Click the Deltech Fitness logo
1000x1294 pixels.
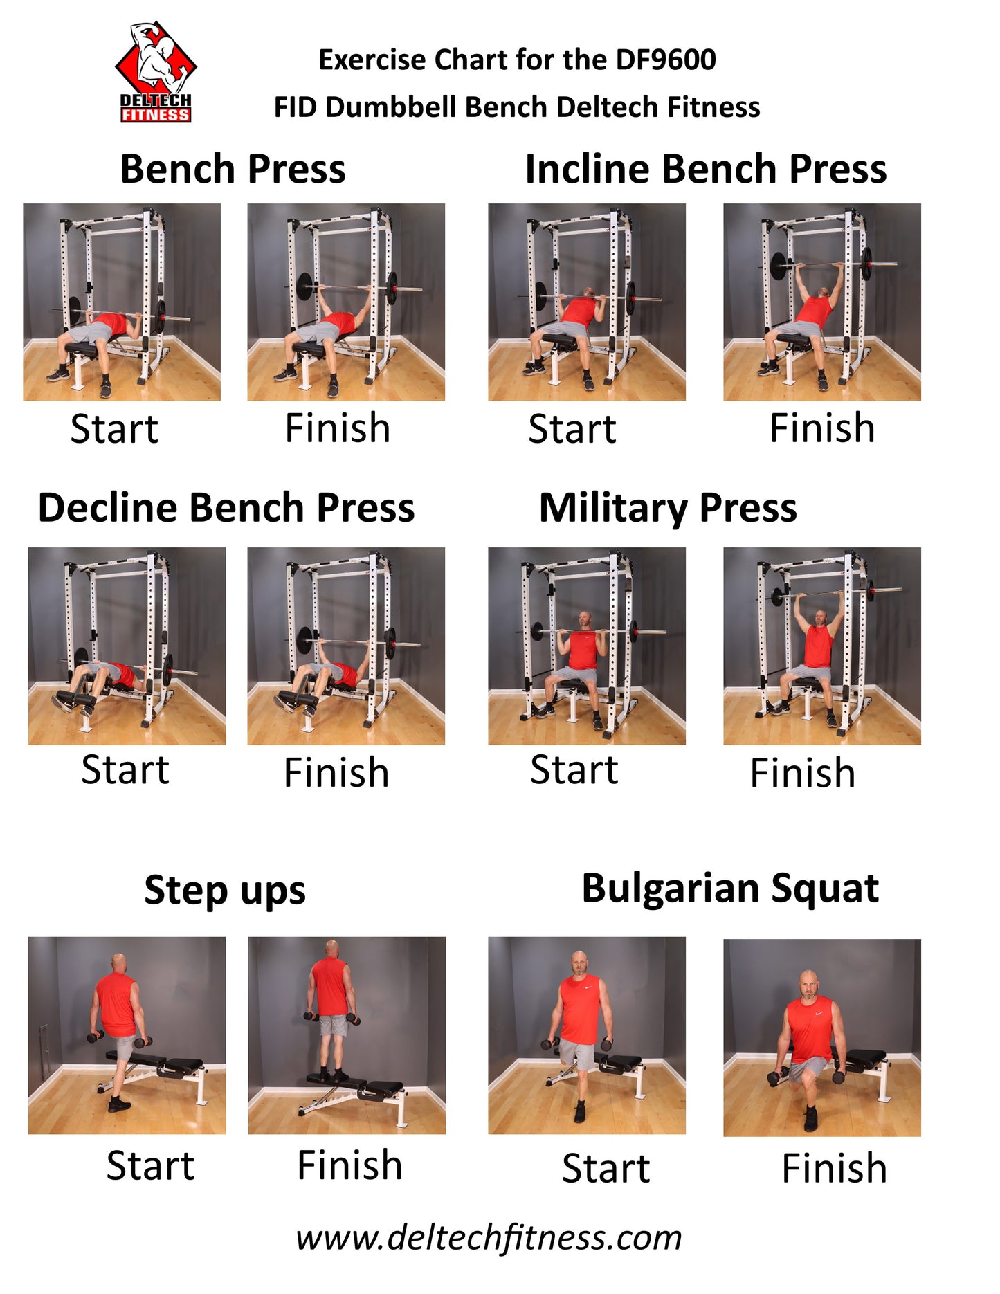click(156, 72)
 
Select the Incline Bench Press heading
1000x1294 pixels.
click(706, 169)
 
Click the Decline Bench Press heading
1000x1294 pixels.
click(226, 507)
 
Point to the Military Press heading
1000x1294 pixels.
click(668, 508)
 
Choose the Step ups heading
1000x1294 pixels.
click(225, 891)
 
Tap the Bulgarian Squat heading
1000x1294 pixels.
click(730, 889)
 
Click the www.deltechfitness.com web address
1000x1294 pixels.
click(489, 1238)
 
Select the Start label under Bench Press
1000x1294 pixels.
click(114, 428)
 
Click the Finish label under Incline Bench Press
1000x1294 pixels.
click(822, 428)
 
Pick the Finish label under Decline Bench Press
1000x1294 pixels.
click(336, 772)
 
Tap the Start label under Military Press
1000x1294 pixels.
click(574, 769)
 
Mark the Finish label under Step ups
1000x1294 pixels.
click(349, 1165)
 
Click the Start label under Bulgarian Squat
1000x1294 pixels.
click(606, 1168)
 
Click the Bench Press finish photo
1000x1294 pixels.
click(346, 302)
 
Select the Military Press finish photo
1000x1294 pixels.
click(822, 646)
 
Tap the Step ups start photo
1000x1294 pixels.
click(127, 1035)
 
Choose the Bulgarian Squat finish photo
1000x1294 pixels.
click(822, 1038)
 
